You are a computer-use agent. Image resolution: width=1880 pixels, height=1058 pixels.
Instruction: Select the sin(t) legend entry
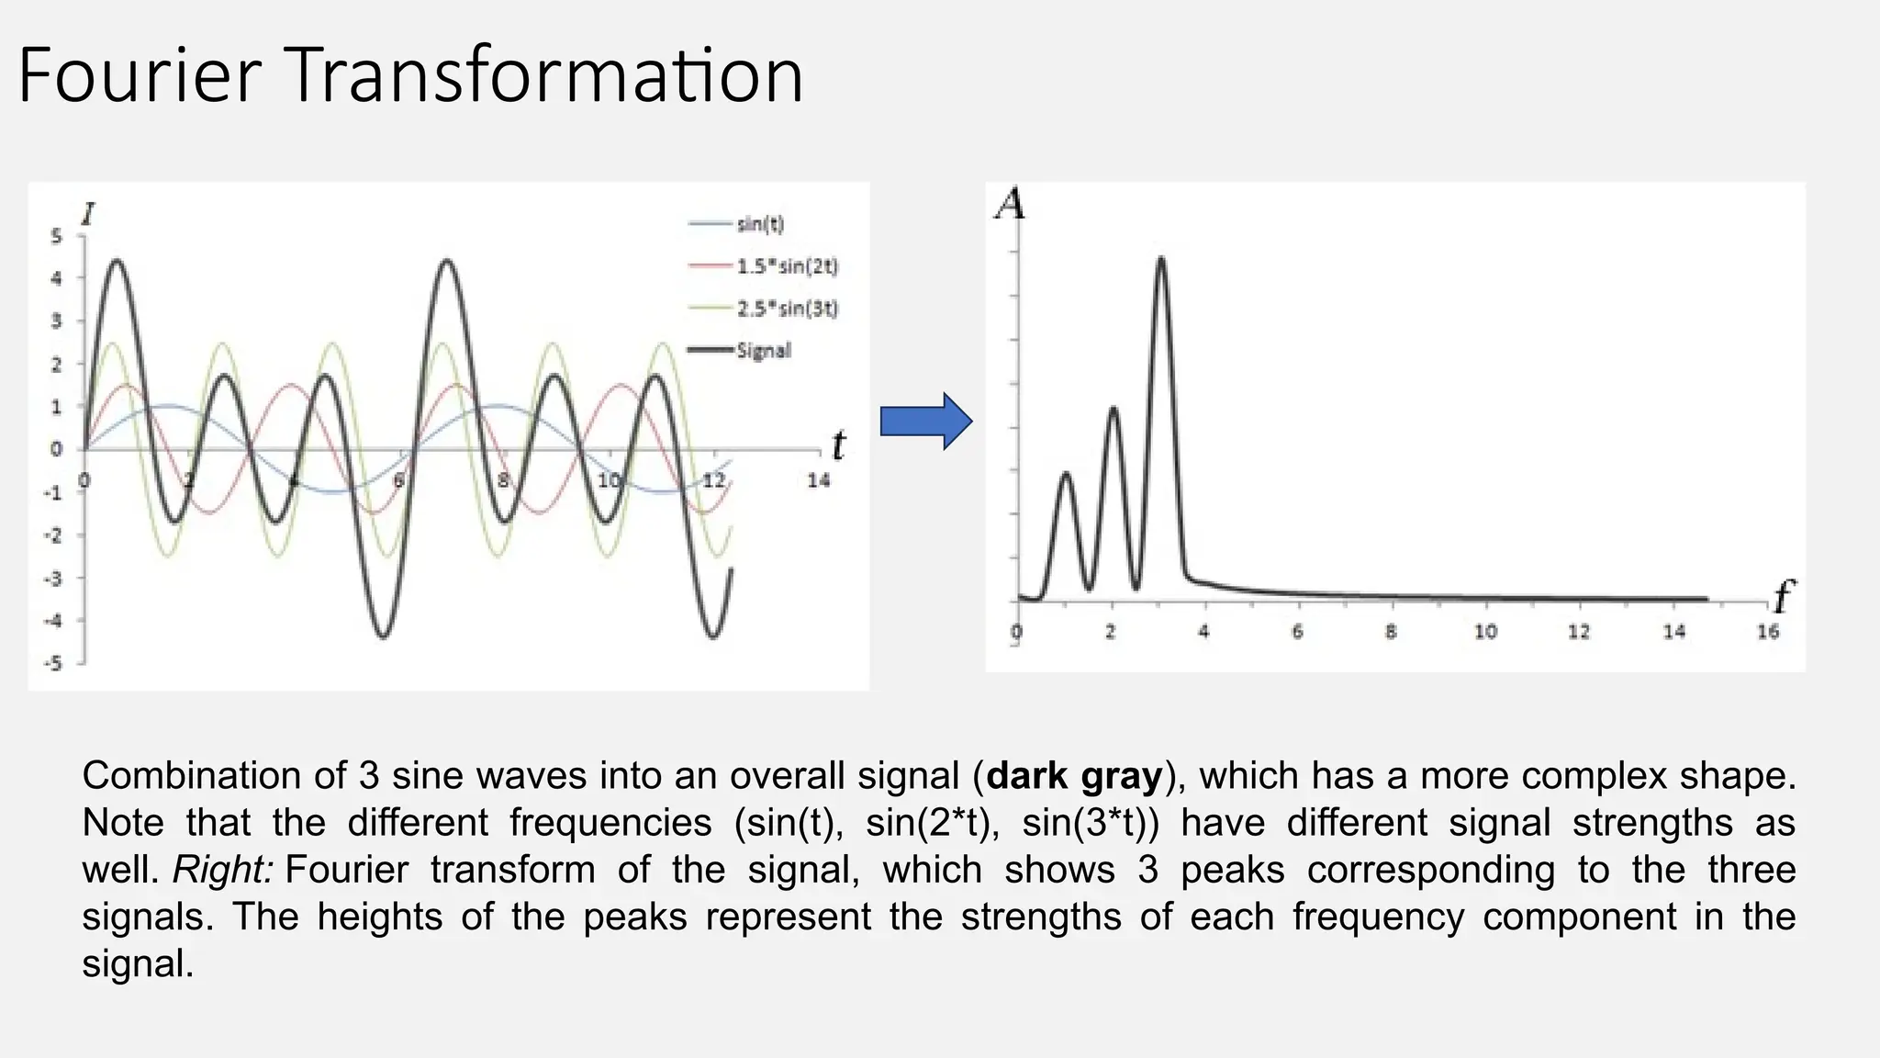tap(759, 224)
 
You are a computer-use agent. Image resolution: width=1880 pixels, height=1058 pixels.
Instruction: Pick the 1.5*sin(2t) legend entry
tap(786, 266)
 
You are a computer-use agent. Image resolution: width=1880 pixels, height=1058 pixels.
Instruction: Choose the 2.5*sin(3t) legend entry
tap(786, 309)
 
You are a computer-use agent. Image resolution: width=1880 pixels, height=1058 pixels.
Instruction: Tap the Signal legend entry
tap(762, 351)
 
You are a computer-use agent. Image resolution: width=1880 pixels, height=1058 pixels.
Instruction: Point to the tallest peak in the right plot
tap(1161, 261)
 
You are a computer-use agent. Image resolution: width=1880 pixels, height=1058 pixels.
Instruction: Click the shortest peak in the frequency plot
tap(1066, 476)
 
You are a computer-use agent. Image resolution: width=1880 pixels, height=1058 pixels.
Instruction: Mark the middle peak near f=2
tap(1113, 410)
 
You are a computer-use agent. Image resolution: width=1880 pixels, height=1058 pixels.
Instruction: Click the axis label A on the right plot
tap(1010, 204)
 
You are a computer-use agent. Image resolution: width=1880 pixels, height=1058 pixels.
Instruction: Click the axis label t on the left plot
tap(837, 446)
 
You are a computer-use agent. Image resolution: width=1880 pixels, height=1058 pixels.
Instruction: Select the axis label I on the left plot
tap(88, 215)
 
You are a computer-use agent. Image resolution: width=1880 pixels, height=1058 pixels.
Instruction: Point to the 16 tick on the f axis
tap(1767, 632)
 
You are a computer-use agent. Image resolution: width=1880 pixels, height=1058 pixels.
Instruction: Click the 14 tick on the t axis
tap(818, 480)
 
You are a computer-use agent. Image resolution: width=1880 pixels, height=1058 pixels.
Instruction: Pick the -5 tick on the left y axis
tap(54, 664)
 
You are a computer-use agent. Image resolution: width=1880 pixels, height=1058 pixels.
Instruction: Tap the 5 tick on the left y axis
tap(56, 237)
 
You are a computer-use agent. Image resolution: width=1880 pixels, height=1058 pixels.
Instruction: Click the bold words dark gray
tap(1074, 776)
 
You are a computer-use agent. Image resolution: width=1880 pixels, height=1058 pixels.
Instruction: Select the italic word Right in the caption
tap(223, 870)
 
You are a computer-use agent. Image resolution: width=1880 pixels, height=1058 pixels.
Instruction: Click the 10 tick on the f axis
tap(1484, 632)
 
